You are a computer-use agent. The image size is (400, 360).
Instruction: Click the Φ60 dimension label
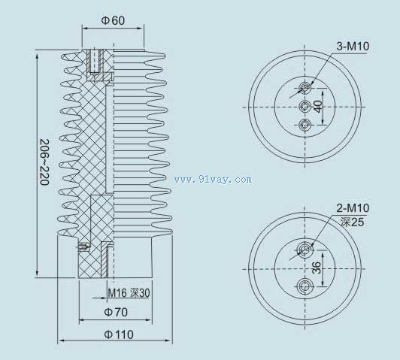click(113, 20)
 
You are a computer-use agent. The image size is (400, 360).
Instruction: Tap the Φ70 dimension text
click(116, 312)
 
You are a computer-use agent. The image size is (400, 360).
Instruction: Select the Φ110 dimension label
click(119, 334)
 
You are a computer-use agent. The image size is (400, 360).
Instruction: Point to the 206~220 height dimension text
click(44, 162)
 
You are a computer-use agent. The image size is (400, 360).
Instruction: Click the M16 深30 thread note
click(129, 293)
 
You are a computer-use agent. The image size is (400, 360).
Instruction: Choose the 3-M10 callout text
click(353, 46)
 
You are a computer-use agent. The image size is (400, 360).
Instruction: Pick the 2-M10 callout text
click(353, 208)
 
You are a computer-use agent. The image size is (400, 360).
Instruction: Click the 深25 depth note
click(353, 222)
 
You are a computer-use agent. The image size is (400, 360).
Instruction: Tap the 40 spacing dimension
click(318, 106)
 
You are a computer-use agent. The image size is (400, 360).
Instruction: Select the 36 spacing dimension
click(317, 268)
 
